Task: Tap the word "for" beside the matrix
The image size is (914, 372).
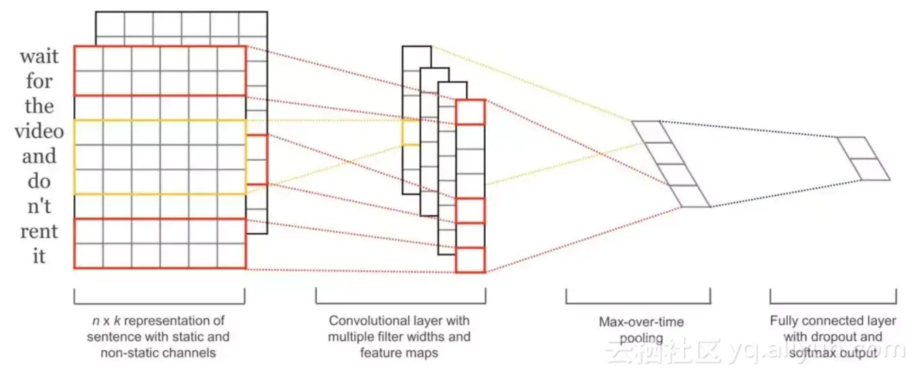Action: [39, 81]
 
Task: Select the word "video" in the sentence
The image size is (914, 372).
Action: [39, 131]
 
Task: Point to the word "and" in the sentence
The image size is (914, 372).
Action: [39, 156]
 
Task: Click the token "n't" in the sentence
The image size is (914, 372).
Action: [39, 206]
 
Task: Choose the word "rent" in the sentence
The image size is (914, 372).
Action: [39, 231]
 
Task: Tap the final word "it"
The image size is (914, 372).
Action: [39, 257]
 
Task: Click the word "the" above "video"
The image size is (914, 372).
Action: [39, 106]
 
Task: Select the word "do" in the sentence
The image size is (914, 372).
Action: [39, 181]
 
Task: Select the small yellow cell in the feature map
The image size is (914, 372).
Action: [411, 133]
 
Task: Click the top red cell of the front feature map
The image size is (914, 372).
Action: [470, 112]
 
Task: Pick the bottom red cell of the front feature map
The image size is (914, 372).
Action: [470, 259]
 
